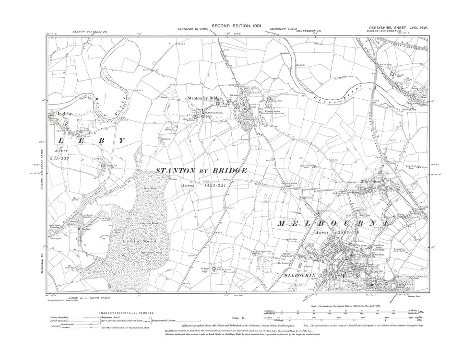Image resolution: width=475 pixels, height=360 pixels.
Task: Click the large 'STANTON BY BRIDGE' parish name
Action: click(x=202, y=171)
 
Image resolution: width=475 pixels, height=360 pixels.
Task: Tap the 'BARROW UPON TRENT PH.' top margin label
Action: click(x=92, y=31)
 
